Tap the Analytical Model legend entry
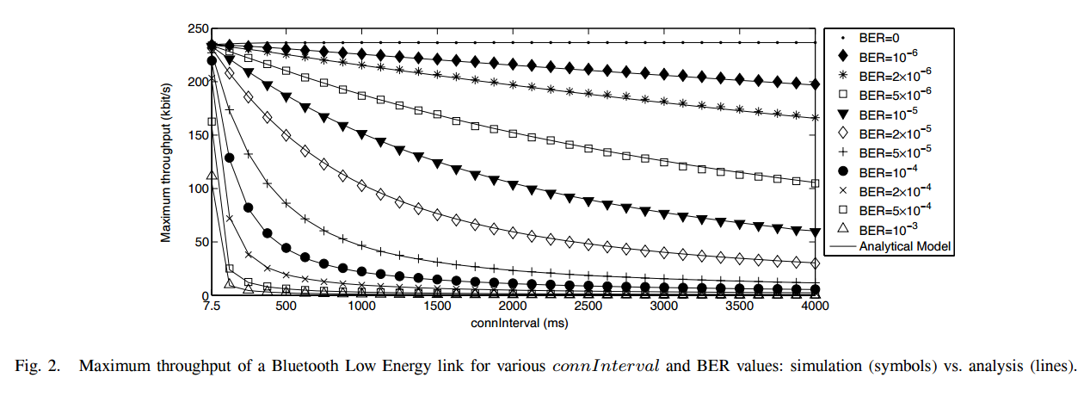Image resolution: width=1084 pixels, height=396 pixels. coord(890,246)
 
